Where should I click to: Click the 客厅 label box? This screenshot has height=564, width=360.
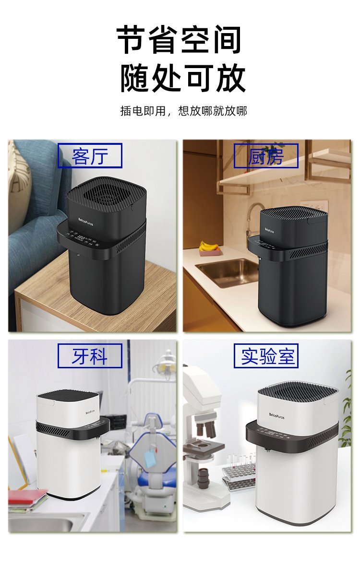(90, 155)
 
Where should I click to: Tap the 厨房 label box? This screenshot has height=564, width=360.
(266, 156)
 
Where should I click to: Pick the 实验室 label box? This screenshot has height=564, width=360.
(266, 356)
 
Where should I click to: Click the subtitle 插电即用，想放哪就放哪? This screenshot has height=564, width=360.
(183, 111)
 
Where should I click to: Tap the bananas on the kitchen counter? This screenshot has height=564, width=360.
(209, 247)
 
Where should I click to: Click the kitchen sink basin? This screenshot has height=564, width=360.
(227, 271)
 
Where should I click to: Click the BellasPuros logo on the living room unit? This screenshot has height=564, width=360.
(85, 221)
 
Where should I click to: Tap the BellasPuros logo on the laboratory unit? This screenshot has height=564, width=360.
(276, 416)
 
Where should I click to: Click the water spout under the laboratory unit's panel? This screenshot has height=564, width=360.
(267, 450)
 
